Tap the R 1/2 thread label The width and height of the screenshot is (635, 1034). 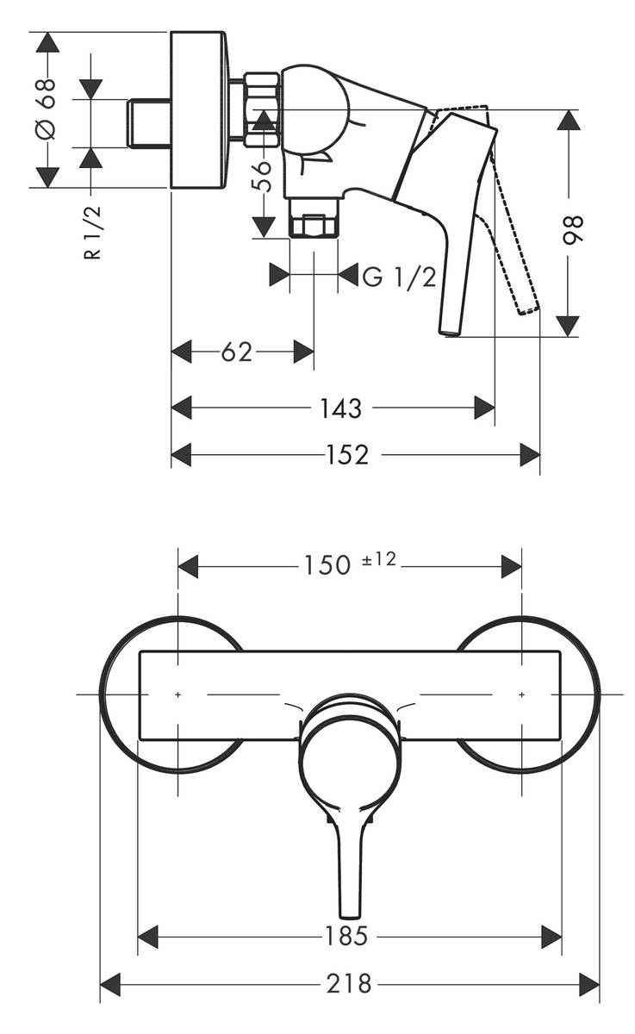94,232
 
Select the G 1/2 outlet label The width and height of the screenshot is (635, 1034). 398,277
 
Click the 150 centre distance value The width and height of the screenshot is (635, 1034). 327,565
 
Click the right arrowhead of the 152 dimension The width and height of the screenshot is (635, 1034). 530,454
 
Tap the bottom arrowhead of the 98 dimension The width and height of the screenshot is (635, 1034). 567,327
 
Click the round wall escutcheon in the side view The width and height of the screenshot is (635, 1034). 201,109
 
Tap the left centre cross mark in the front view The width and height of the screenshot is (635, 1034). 177,694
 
